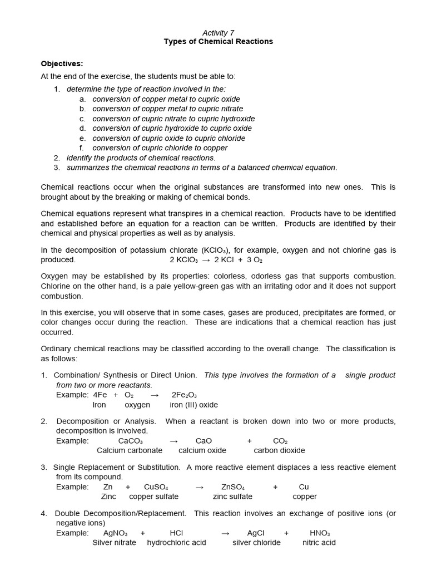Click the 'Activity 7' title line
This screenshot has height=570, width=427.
click(218, 33)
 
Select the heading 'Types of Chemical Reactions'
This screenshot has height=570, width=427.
click(218, 42)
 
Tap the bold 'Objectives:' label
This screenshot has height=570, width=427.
click(62, 63)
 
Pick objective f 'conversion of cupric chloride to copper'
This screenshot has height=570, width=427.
click(160, 148)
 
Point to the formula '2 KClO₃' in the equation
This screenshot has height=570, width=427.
click(183, 260)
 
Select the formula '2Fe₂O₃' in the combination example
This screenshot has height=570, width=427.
click(184, 395)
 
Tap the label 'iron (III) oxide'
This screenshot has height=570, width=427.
click(194, 405)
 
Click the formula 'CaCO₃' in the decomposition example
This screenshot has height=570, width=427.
click(131, 440)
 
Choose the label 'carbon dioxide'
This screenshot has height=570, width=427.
click(279, 450)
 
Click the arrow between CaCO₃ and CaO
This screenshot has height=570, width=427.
click(173, 440)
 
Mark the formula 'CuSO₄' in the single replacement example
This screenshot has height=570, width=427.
click(156, 487)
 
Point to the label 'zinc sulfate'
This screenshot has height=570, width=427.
click(232, 497)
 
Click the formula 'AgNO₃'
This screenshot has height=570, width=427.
click(116, 533)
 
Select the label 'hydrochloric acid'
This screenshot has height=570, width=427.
click(176, 543)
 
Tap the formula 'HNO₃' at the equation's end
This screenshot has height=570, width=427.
click(320, 533)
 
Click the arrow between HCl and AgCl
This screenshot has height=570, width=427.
click(225, 533)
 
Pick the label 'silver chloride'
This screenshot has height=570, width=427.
click(256, 543)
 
